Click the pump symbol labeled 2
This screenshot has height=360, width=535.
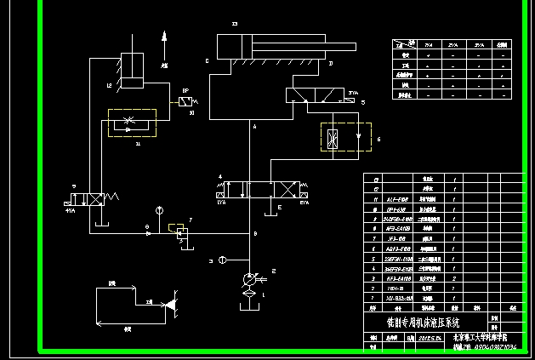pyautogui.click(x=249, y=278)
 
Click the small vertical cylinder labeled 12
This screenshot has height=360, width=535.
pyautogui.click(x=133, y=71)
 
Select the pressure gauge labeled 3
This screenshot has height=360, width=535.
pyautogui.click(x=222, y=260)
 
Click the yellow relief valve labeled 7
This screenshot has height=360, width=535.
pyautogui.click(x=180, y=231)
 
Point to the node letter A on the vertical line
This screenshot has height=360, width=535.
pyautogui.click(x=254, y=126)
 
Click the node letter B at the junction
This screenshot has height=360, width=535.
pyautogui.click(x=255, y=232)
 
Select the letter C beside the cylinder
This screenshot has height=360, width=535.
pyautogui.click(x=207, y=61)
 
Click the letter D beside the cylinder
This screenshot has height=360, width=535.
pyautogui.click(x=330, y=64)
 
